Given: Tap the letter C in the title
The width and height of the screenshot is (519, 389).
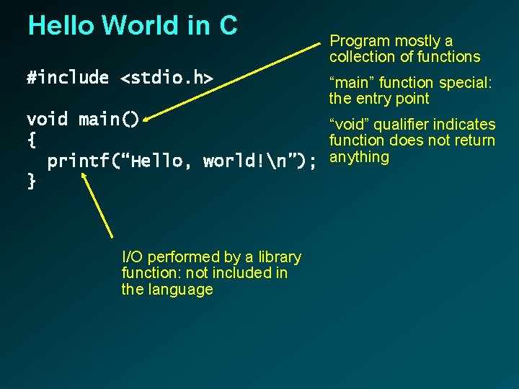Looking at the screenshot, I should tap(228, 26).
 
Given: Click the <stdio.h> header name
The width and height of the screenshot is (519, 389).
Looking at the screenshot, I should tap(167, 78).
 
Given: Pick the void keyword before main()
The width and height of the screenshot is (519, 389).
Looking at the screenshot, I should tap(47, 119).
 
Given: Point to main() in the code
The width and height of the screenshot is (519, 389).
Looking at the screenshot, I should tap(109, 119).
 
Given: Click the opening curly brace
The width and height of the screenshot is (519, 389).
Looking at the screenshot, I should tap(31, 139).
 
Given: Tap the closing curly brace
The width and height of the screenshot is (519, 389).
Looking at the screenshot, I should tap(31, 181).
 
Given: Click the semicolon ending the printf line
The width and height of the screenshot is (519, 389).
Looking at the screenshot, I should tap(312, 161).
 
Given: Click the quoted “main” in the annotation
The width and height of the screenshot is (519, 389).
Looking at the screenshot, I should tap(350, 84).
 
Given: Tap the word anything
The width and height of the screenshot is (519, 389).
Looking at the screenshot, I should tap(359, 157).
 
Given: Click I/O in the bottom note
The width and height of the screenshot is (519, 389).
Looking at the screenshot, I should tap(132, 257).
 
